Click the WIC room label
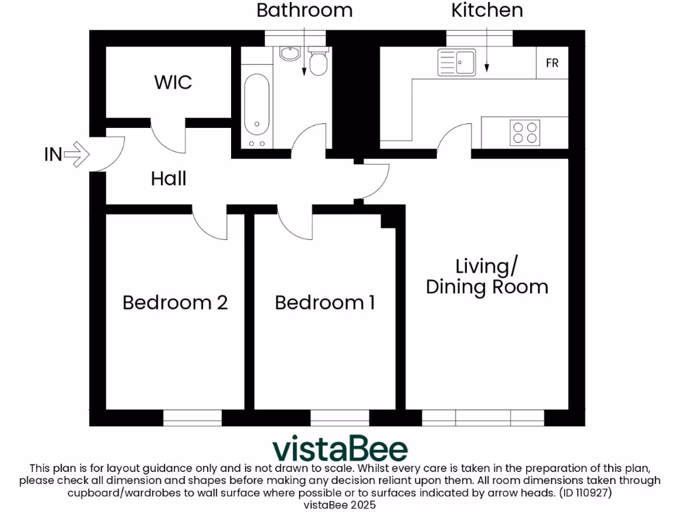click(173, 82)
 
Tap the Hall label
click(169, 179)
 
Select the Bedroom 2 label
click(175, 303)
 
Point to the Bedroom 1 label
click(325, 303)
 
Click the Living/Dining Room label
click(487, 277)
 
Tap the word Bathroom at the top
click(304, 10)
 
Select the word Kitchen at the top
click(487, 10)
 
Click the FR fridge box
click(552, 63)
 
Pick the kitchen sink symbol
click(457, 63)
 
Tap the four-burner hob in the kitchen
click(524, 132)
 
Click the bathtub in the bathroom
click(256, 107)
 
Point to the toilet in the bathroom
click(318, 61)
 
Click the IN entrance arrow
click(79, 155)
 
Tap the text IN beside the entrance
click(53, 155)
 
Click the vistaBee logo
click(340, 448)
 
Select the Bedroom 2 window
click(192, 418)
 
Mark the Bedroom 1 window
click(340, 418)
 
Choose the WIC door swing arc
click(167, 137)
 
